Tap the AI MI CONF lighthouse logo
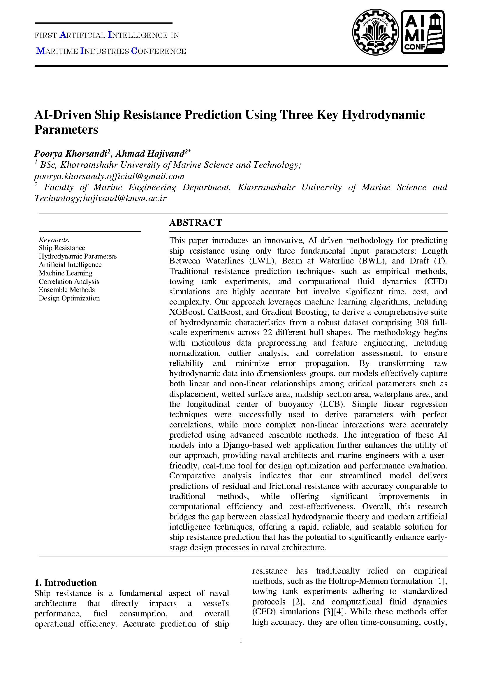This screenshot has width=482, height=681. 423,32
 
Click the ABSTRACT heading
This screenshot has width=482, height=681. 195,222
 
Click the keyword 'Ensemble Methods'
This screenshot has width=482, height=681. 67,290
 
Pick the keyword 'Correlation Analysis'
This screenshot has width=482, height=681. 69,282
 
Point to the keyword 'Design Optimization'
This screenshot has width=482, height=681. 69,298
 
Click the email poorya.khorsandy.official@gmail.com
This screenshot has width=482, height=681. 109,176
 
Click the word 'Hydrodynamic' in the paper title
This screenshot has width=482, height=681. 384,115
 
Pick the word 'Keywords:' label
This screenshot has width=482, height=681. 54,240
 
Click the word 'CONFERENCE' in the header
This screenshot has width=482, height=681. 159,52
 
